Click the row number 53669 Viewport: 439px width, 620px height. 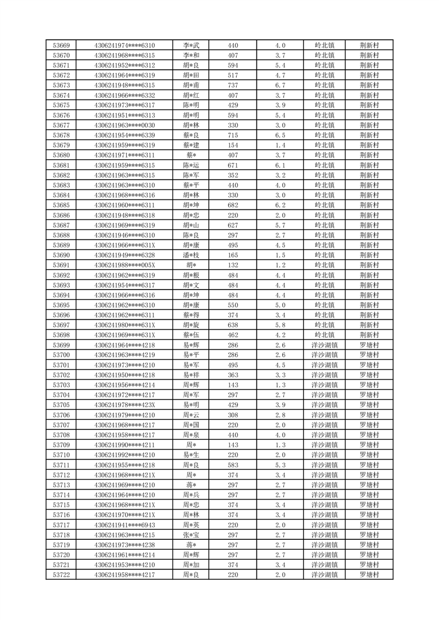[61, 45]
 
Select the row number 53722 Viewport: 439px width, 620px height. [61, 575]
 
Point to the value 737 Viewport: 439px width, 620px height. [233, 85]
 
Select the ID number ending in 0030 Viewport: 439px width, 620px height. [124, 125]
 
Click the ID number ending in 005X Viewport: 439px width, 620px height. [124, 265]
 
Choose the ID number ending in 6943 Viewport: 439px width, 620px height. [124, 525]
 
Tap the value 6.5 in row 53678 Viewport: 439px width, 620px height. [280, 135]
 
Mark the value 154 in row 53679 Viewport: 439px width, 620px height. [233, 145]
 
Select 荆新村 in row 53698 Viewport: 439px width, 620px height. [369, 335]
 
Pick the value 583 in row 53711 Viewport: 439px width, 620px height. [233, 465]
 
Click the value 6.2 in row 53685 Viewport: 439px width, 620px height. [280, 205]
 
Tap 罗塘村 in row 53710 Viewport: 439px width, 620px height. [369, 455]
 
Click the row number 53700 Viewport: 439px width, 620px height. [61, 355]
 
